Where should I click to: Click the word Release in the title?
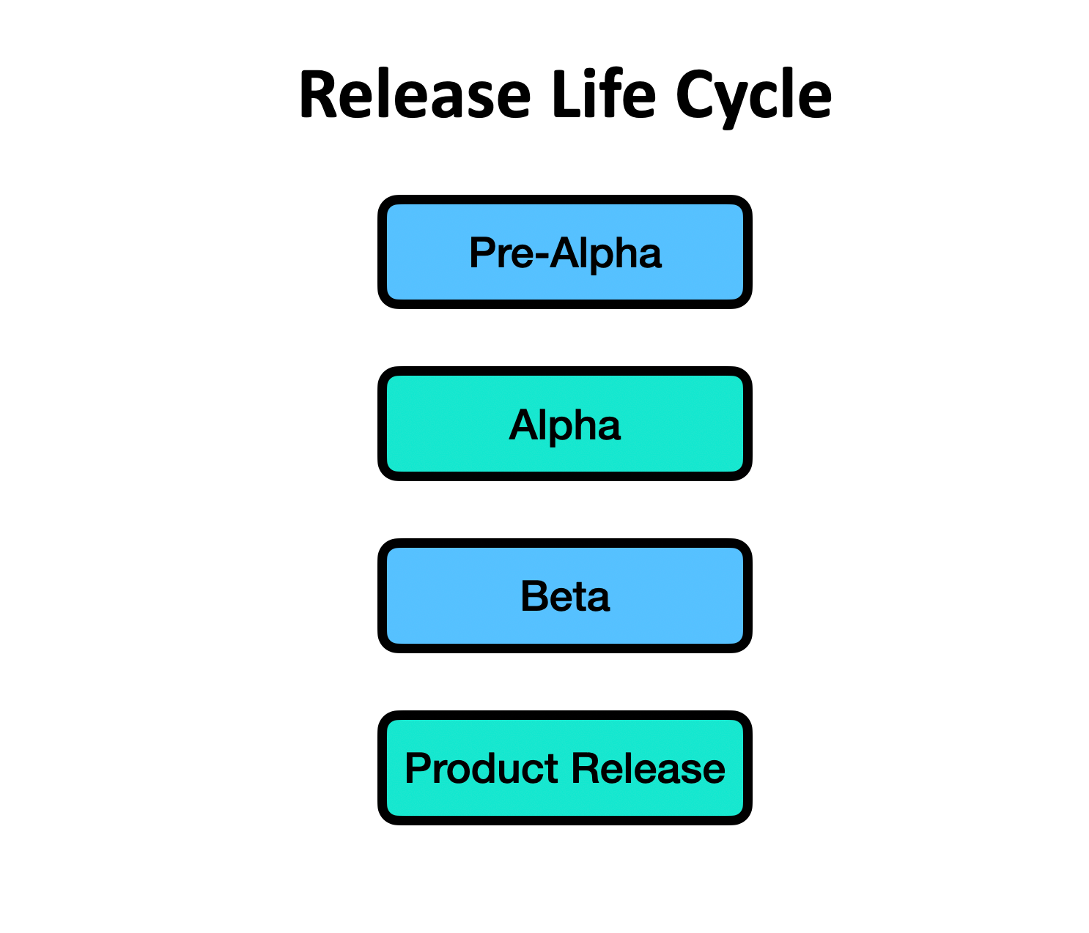415,95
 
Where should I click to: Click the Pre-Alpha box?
565,252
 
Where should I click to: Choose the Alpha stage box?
565,424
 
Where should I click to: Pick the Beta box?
565,596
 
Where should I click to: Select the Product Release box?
565,768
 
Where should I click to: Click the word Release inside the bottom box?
649,769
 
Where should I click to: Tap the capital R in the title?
318,95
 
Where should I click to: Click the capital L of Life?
564,95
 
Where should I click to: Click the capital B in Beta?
534,596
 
